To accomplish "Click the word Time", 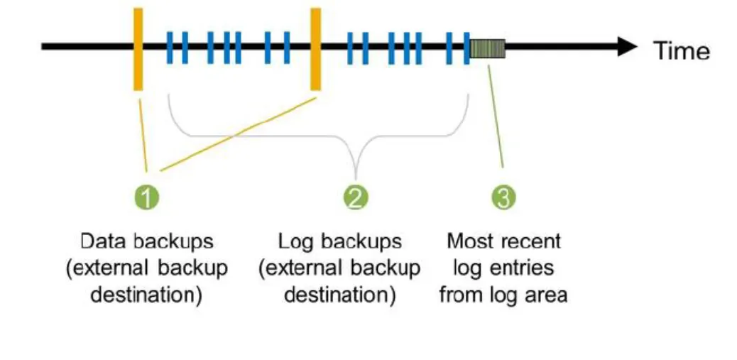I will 681,51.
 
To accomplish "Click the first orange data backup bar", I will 138,48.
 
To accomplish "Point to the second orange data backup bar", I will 315,48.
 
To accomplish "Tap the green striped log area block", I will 487,48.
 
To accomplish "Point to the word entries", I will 526,268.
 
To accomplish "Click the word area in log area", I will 547,295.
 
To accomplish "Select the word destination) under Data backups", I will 146,295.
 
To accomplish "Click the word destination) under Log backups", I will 339,295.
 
